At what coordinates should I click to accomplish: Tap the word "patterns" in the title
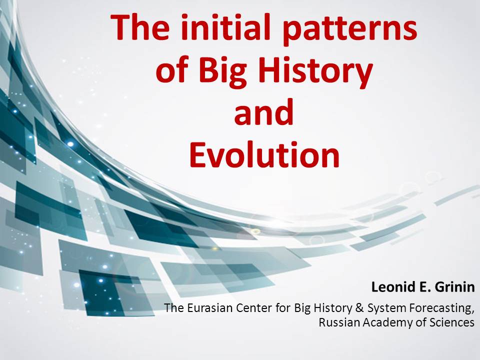(349, 30)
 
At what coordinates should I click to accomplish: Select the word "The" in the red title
(140, 27)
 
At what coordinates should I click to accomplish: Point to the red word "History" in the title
(315, 73)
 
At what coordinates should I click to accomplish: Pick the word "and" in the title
(264, 112)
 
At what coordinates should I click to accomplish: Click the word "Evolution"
(264, 154)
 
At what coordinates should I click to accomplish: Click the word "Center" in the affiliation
(250, 308)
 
